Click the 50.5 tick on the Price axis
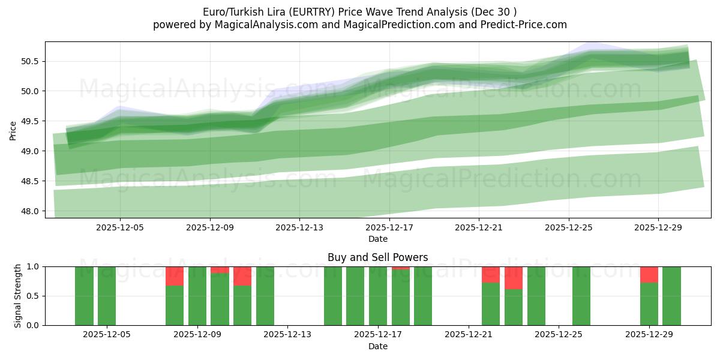tap(30, 61)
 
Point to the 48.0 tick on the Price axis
tap(30, 211)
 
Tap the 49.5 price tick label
tap(30, 121)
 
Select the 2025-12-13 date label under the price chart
tap(299, 227)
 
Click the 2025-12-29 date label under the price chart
tap(658, 227)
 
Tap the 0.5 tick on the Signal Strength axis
tap(32, 296)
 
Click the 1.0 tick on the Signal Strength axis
tap(32, 266)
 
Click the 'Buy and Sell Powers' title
tap(377, 257)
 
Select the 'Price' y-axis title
tap(13, 130)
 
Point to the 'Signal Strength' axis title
tap(18, 296)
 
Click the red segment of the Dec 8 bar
tap(175, 276)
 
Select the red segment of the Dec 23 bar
tap(514, 278)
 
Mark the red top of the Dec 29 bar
tap(649, 274)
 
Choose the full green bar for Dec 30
tap(671, 296)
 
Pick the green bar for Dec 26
tap(581, 296)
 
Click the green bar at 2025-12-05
tap(107, 296)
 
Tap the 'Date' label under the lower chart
tap(377, 346)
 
